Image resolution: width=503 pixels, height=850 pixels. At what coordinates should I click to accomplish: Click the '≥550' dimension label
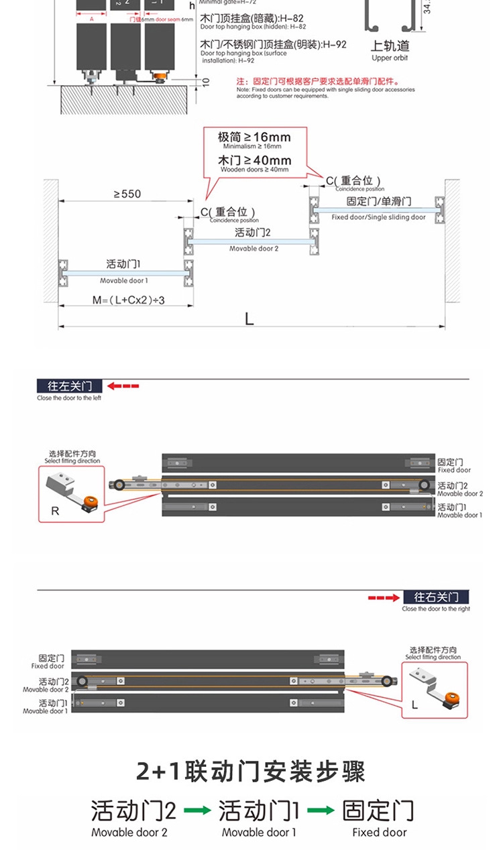coord(127,194)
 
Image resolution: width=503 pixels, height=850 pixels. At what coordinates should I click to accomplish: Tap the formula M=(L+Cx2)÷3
coord(128,300)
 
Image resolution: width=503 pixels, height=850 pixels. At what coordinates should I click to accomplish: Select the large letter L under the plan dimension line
coord(249,319)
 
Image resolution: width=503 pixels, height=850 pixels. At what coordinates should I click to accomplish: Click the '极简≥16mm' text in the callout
coord(254,137)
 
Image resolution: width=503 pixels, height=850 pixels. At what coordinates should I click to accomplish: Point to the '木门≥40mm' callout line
coord(254,161)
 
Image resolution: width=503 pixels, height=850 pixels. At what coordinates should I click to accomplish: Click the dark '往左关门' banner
coord(69,386)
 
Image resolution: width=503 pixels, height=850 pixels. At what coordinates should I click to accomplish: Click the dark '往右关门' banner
coord(436,597)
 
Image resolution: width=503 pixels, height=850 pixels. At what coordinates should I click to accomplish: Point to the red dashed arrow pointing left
coord(123,386)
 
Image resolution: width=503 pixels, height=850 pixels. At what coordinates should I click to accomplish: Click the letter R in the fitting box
coord(55,511)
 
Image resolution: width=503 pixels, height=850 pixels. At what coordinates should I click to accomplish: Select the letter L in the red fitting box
coord(414,705)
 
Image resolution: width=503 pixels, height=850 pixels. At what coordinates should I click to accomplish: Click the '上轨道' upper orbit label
coord(390,46)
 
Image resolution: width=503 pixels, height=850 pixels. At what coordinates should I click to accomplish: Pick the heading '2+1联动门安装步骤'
coord(251,772)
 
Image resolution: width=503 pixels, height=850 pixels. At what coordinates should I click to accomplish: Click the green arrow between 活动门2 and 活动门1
coord(197,810)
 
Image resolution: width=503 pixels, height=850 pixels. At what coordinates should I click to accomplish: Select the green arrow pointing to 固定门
coord(321,810)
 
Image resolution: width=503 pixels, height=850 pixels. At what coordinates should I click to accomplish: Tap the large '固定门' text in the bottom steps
coord(378,810)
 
